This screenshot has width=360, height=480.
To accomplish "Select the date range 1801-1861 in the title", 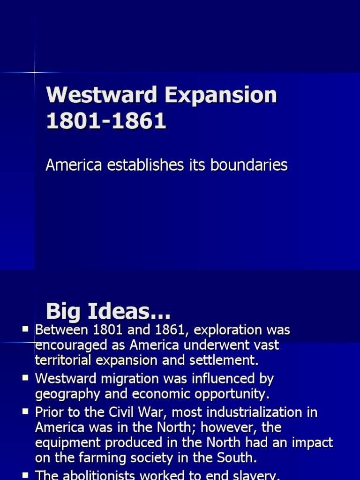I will click(x=106, y=121).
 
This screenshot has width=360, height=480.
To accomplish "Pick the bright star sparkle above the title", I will click(x=34, y=72).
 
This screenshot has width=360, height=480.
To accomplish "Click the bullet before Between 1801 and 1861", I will click(x=25, y=330).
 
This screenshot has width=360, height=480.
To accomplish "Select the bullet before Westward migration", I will click(x=25, y=378).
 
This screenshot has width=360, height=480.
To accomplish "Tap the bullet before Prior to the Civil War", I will click(x=25, y=412).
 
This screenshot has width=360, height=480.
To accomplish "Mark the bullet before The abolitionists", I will click(x=25, y=474).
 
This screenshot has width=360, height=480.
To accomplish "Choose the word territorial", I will click(x=64, y=360).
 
